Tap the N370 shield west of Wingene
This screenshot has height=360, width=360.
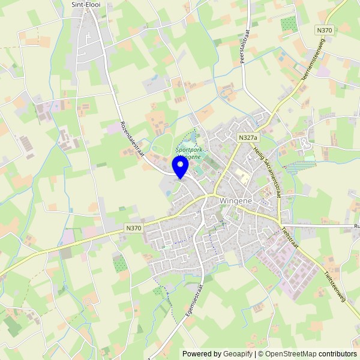point(134,228)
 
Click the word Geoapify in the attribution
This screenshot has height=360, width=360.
point(236,354)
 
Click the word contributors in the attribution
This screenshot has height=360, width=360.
point(338,354)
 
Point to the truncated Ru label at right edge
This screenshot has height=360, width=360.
point(356,226)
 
